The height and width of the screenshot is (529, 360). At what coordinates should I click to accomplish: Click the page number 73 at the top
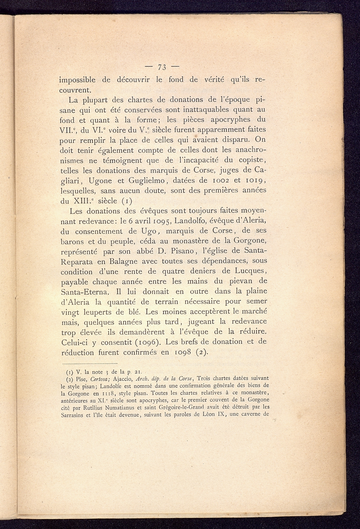click(162, 67)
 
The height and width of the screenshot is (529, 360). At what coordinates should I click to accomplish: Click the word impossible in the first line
click(77, 80)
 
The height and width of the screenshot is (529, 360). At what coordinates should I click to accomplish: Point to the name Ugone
click(98, 180)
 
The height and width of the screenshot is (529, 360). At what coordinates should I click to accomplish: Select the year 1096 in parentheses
click(146, 342)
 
